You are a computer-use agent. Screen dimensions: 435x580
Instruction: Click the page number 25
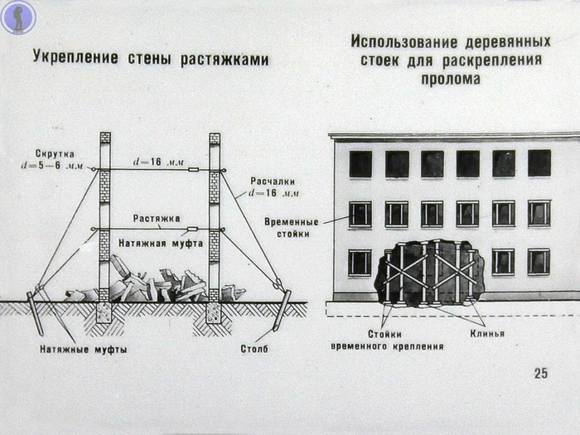pos(540,373)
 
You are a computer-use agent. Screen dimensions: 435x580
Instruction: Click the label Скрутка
pos(56,154)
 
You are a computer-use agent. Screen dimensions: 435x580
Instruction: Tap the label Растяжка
pos(157,219)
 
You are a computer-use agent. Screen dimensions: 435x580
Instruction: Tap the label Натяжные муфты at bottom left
pos(83,349)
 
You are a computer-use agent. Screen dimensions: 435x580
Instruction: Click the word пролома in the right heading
pos(450,80)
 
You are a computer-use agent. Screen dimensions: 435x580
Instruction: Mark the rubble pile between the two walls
pos(157,283)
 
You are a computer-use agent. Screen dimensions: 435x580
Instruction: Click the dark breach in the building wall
pos(429,272)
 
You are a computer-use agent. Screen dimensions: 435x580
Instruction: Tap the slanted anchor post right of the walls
pos(282,309)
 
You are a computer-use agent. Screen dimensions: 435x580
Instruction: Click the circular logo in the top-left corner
pos(17,17)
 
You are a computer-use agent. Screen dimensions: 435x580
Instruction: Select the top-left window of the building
pos(360,164)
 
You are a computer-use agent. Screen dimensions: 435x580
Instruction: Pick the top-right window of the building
pos(539,163)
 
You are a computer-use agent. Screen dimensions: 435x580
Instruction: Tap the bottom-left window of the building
pos(360,262)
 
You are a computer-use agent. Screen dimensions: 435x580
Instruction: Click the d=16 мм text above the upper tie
pos(157,162)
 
